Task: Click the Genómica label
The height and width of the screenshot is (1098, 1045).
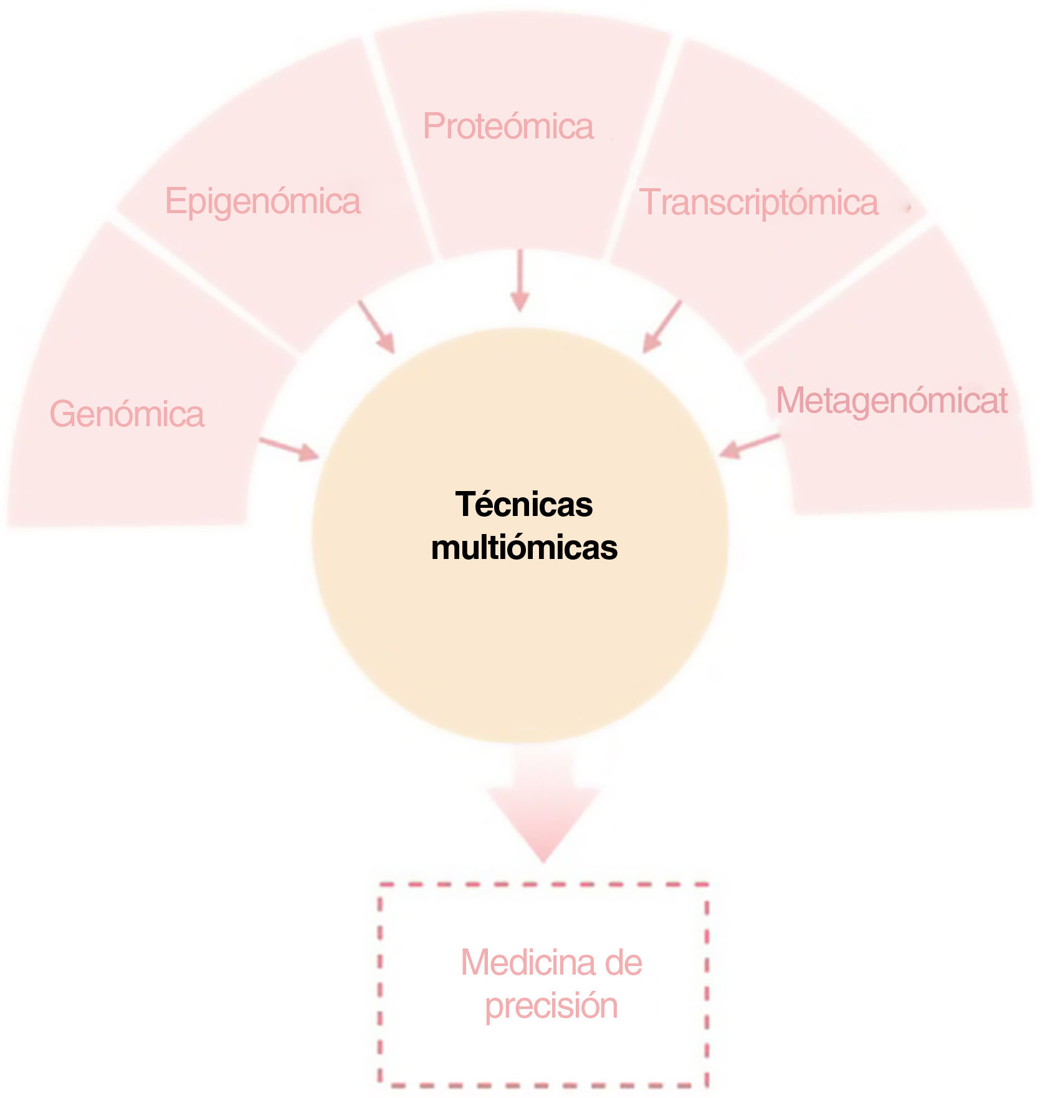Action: [x=127, y=414]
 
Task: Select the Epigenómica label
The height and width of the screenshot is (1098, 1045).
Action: [x=262, y=201]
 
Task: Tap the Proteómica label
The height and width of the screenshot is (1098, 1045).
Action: [x=508, y=126]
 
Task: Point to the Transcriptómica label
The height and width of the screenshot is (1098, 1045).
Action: [x=759, y=203]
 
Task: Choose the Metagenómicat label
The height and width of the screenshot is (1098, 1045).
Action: [x=891, y=400]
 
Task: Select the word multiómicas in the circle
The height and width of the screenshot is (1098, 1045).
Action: [x=524, y=548]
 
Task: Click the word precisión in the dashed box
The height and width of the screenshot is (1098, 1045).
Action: [x=551, y=1006]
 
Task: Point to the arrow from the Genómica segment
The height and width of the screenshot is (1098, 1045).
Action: [x=289, y=449]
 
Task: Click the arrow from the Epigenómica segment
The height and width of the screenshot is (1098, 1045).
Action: [x=376, y=327]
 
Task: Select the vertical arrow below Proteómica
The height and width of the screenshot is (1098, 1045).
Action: [x=520, y=280]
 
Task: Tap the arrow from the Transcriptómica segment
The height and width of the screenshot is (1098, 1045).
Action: [x=662, y=327]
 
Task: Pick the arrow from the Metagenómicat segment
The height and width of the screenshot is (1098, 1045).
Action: [x=750, y=445]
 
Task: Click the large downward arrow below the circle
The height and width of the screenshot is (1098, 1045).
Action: [x=543, y=804]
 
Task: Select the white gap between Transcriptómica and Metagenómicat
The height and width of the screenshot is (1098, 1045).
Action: [x=835, y=287]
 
